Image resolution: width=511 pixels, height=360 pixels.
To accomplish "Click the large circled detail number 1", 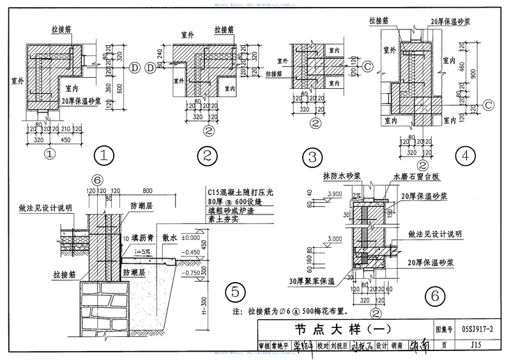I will point(104,155).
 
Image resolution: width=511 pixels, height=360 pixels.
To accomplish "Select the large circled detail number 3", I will point(312,156).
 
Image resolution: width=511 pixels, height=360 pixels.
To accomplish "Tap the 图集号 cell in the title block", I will point(443,331).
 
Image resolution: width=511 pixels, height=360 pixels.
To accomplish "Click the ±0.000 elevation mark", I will point(191,238).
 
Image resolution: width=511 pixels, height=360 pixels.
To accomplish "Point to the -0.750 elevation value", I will point(190,273).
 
